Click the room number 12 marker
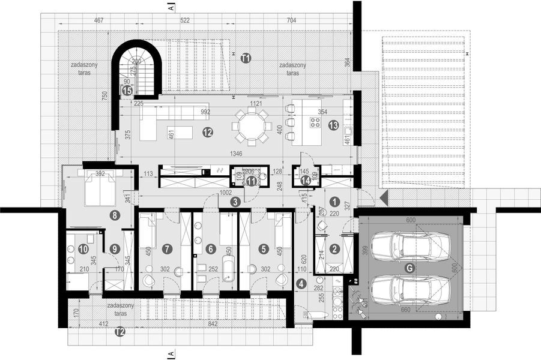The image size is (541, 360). tap(208, 131)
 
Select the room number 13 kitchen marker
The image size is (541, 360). tap(333, 125)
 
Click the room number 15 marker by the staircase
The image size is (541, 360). tap(127, 90)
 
